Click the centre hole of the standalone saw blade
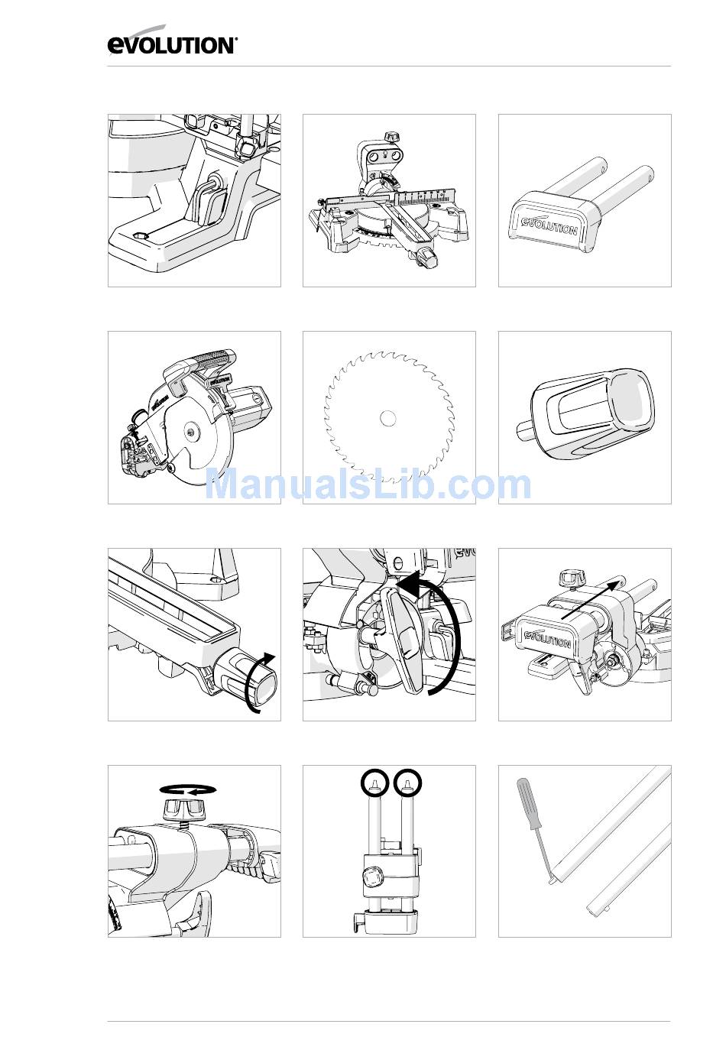[x=387, y=418]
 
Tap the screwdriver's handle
[x=529, y=803]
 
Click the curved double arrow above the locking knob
[x=187, y=790]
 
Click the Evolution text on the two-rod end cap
[x=549, y=226]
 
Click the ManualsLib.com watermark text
[x=368, y=485]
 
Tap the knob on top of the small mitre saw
[x=391, y=138]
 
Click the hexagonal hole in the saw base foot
[x=139, y=236]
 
